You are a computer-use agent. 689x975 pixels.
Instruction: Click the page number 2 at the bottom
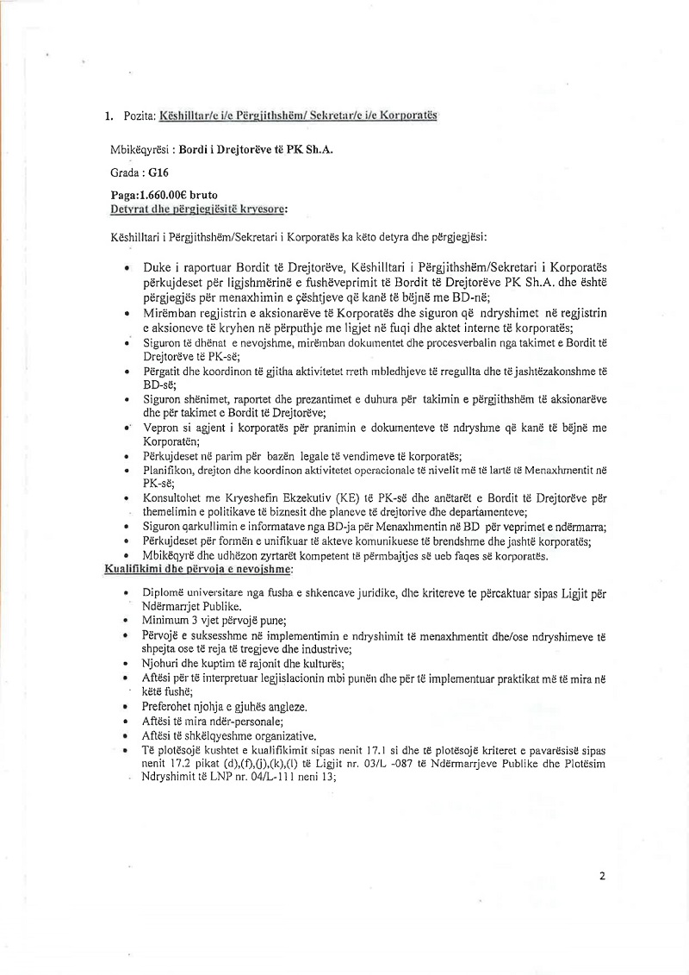click(602, 877)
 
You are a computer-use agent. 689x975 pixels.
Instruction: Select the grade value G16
click(158, 172)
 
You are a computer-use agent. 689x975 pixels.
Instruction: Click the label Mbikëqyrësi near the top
click(143, 148)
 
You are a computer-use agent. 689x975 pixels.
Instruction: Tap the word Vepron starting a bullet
click(164, 428)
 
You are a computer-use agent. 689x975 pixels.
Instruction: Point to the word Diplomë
click(167, 593)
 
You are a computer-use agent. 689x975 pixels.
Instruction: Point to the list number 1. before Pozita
click(108, 116)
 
